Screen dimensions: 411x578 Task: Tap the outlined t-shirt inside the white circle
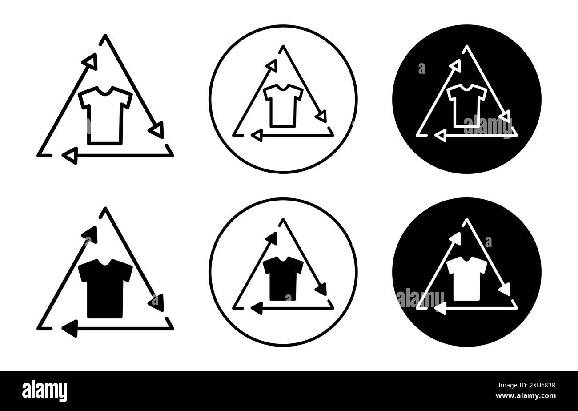(x=283, y=105)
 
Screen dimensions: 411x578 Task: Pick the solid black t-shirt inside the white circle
(x=283, y=278)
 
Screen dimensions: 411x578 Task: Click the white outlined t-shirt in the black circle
(x=467, y=105)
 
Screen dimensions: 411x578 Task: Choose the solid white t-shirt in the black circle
(x=467, y=278)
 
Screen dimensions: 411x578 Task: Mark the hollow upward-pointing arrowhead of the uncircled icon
(x=91, y=61)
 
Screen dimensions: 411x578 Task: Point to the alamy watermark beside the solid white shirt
(x=420, y=298)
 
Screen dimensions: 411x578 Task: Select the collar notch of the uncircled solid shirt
(x=105, y=264)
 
